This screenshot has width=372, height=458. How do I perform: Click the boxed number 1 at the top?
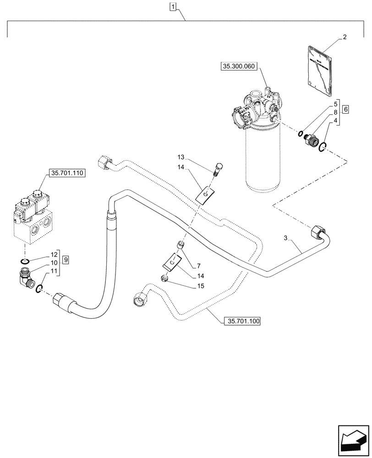coord(173,6)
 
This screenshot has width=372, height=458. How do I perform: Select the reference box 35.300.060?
coord(239,66)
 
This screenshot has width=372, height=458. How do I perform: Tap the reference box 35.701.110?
coord(66,174)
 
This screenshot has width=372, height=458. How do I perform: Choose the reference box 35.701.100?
coord(242,322)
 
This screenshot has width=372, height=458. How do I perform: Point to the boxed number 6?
coord(345,109)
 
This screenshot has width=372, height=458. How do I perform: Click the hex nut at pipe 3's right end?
coord(317,232)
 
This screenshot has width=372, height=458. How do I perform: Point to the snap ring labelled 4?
coord(323,146)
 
